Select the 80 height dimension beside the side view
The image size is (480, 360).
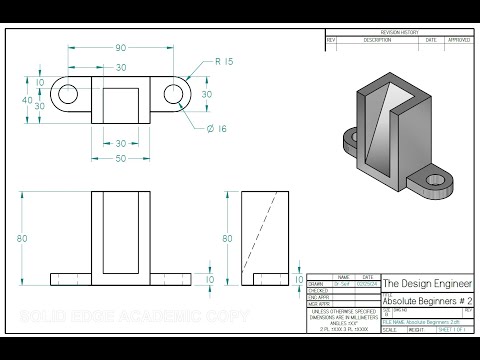226,239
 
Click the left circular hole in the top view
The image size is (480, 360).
70,95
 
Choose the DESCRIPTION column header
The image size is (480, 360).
377,40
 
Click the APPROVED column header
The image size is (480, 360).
457,40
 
